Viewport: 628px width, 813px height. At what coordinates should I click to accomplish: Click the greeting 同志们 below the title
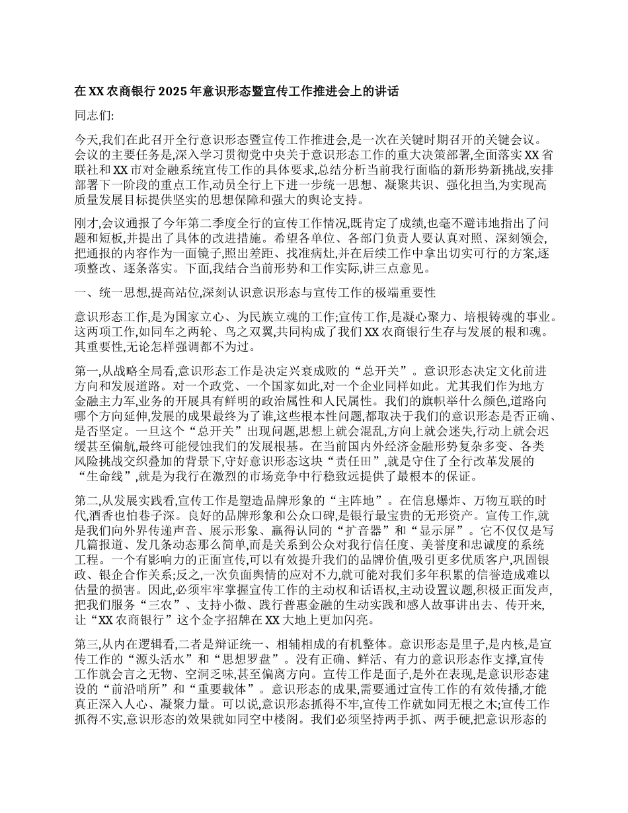(95, 116)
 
